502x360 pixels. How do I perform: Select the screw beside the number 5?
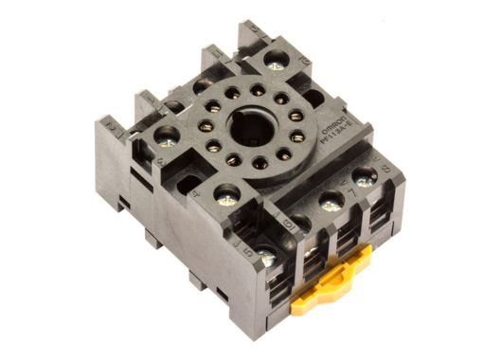[268, 257]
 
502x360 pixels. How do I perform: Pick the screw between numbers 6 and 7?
[331, 201]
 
